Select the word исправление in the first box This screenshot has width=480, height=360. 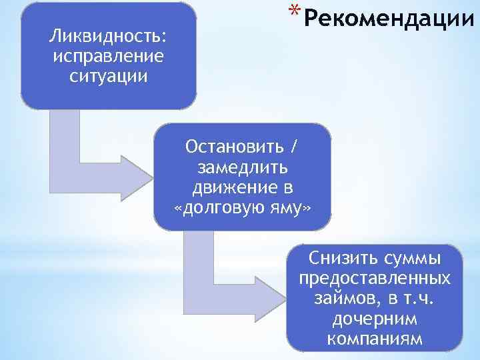point(109,55)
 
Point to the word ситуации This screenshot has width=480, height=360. point(108,75)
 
